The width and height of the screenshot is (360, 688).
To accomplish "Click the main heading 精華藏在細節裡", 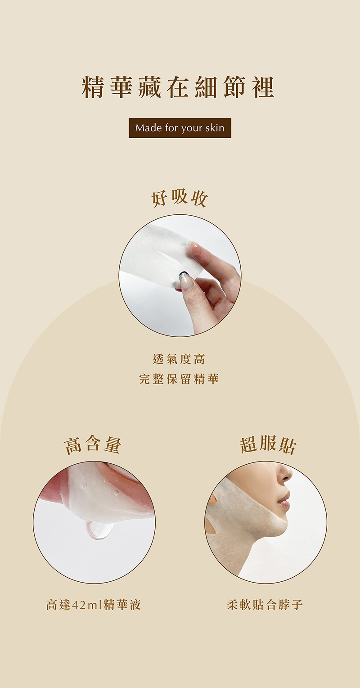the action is point(178,87).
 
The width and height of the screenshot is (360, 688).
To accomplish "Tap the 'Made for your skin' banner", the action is point(180,128).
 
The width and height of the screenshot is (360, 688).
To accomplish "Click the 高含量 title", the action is point(93,444).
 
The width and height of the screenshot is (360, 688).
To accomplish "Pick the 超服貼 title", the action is point(268,444).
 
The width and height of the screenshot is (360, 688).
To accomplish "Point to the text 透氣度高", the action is point(179,359).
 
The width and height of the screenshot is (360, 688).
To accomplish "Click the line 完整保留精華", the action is point(179,379).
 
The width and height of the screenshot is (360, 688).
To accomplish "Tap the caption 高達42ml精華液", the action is point(94,604).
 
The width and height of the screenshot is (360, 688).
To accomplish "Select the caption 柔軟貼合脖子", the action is point(265,604).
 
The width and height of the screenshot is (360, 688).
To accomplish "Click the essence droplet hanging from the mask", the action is point(99,530).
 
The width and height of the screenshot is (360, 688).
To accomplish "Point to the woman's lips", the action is point(284,502).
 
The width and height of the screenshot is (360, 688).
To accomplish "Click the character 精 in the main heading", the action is point(93,87).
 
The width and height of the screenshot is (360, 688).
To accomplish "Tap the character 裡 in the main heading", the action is point(263,87).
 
